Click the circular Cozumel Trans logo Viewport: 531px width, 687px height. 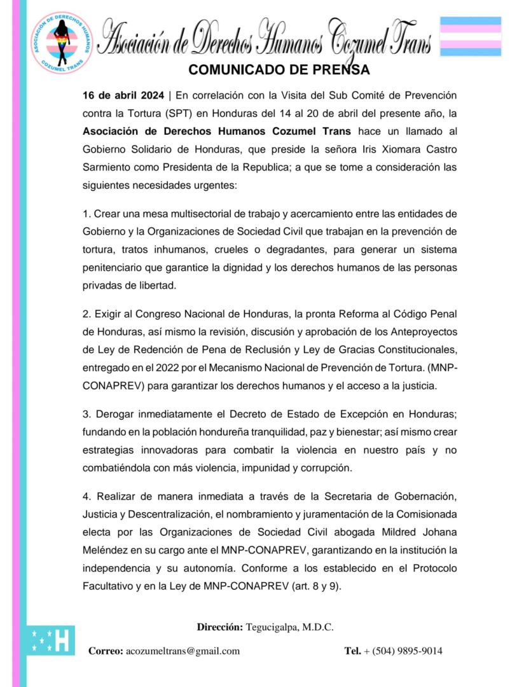point(62,43)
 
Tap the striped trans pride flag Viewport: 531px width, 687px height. point(471,36)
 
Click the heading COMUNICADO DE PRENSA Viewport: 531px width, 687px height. point(279,69)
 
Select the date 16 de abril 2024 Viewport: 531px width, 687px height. point(123,96)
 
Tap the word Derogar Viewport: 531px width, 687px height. point(116,414)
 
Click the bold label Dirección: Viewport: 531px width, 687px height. point(219,627)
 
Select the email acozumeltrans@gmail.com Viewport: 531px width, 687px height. point(183,651)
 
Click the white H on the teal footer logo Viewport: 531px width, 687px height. point(63,641)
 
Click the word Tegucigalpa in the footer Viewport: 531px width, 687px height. point(275,627)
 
